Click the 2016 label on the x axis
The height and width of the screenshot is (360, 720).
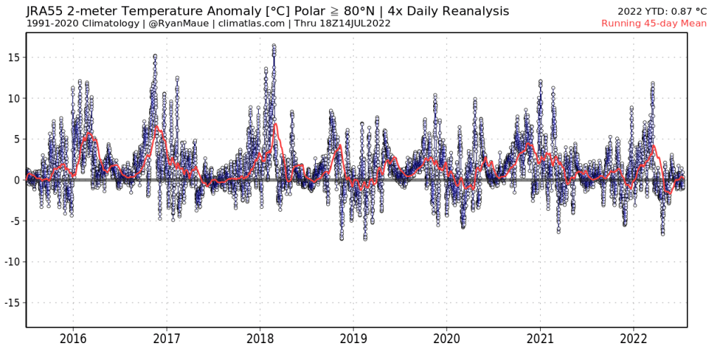[73, 339]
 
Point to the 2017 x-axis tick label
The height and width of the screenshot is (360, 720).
[167, 339]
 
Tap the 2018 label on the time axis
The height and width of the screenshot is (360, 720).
[260, 339]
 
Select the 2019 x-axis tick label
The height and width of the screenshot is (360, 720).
[354, 339]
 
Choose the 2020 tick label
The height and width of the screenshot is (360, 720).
[447, 339]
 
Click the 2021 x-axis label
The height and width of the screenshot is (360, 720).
[541, 339]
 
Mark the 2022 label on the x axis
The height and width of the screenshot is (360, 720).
[634, 339]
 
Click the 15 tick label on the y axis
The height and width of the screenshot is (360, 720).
[14, 57]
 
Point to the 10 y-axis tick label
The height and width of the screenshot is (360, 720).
[14, 98]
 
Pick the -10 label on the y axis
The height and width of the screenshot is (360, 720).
[12, 262]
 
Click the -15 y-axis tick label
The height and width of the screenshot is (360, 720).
[12, 302]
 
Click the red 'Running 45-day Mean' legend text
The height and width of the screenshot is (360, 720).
[654, 23]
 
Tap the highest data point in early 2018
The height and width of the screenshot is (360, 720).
[274, 45]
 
